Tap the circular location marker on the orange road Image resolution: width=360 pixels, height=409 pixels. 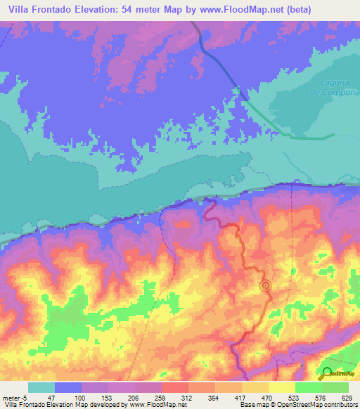pyautogui.click(x=265, y=285)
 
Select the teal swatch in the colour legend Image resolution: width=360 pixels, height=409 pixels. pyautogui.click(x=41, y=387)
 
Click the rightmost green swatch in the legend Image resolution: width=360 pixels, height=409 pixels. pyautogui.click(x=335, y=387)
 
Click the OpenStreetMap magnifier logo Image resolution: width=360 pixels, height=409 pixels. pyautogui.click(x=328, y=373)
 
